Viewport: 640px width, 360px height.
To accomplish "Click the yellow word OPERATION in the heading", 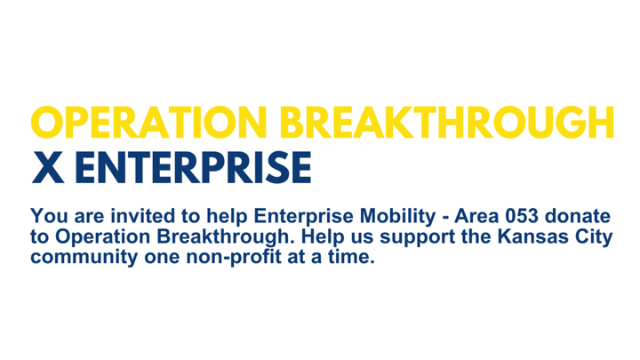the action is pos(148,123).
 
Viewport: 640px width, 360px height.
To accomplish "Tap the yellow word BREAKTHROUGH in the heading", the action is pos(447,123).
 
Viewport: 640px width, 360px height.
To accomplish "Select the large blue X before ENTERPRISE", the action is pos(48,167).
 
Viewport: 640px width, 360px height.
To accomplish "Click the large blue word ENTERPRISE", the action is pos(193,167).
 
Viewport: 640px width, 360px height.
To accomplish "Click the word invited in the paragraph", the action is pos(143,216).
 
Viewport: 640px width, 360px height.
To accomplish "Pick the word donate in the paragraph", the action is pos(578,216).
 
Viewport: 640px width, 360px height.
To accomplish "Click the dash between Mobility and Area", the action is pos(444,218).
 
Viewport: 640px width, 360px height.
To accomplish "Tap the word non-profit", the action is pos(234,258).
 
